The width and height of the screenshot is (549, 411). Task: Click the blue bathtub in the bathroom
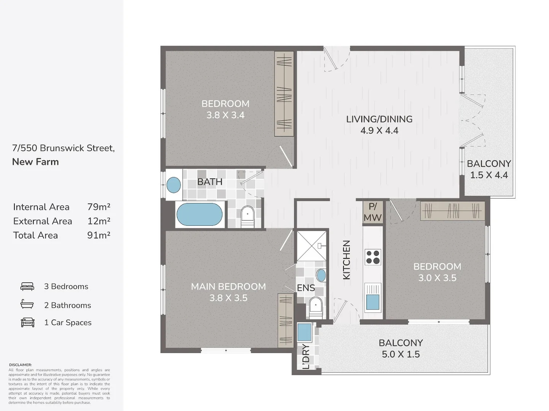(x=199, y=214)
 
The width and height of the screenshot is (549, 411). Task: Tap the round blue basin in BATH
(x=174, y=185)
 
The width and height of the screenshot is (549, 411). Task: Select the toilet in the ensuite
(x=316, y=307)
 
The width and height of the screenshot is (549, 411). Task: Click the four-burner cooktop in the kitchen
(x=373, y=257)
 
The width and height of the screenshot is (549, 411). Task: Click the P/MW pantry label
(x=373, y=212)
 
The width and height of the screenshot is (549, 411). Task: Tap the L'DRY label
(x=306, y=357)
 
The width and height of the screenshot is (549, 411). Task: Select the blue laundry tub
(x=305, y=332)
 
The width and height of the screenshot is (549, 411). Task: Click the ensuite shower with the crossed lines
(x=312, y=246)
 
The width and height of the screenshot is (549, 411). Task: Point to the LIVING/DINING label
(x=379, y=119)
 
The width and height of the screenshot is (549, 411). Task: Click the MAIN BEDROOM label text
(x=228, y=287)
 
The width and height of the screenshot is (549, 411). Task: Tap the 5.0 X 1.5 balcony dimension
(x=401, y=354)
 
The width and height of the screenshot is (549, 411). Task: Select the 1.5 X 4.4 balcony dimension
(x=489, y=175)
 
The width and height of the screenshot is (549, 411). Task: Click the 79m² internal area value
(x=99, y=207)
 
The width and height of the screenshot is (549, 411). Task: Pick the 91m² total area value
(x=99, y=235)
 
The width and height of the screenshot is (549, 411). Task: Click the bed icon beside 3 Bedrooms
(x=27, y=287)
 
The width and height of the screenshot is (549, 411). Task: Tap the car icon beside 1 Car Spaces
(x=27, y=322)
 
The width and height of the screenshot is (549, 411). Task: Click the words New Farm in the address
(x=35, y=162)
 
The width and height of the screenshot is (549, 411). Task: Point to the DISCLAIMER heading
(x=21, y=365)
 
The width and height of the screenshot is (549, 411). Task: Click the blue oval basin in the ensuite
(x=321, y=276)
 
